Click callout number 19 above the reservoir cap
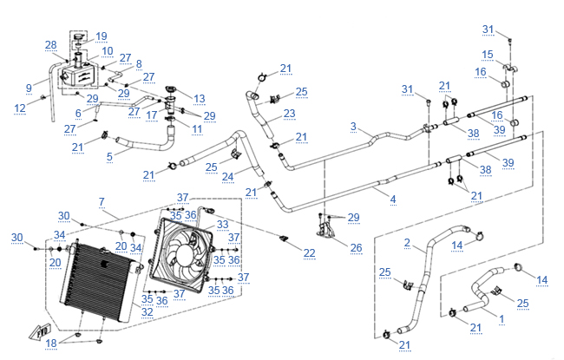pos(102,36)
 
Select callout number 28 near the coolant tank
pos(50,45)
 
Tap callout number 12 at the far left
pos(19,108)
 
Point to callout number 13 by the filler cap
pos(199,98)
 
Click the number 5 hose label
pos(109,157)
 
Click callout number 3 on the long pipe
pos(353,127)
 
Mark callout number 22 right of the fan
pos(310,252)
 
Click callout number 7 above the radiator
pos(102,201)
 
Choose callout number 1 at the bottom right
pos(501,319)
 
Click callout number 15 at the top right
pos(487,55)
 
